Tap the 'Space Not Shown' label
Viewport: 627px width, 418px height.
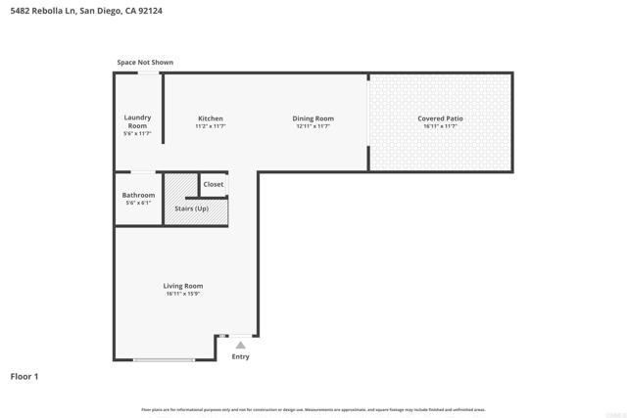(145, 63)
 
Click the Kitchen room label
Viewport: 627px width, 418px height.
(211, 118)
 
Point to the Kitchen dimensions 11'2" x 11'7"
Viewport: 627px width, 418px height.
(211, 126)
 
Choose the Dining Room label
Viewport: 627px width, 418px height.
(313, 118)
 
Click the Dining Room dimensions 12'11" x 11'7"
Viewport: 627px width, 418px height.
(313, 126)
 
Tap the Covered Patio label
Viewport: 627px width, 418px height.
(441, 118)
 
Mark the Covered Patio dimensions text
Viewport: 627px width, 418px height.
(441, 126)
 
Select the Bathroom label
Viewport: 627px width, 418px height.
(138, 195)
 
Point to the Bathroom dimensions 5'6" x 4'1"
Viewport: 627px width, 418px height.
(138, 203)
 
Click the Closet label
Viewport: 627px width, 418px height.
(214, 184)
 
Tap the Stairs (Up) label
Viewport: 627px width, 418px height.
(191, 209)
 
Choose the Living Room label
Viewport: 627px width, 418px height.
(183, 286)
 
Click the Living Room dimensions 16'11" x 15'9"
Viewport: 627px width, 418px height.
(183, 294)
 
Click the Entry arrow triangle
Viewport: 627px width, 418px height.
(240, 345)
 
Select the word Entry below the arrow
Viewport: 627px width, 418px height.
(240, 356)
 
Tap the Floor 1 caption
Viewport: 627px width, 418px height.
(25, 376)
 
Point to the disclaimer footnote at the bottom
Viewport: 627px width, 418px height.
(313, 409)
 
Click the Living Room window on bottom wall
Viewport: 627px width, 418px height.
(164, 360)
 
